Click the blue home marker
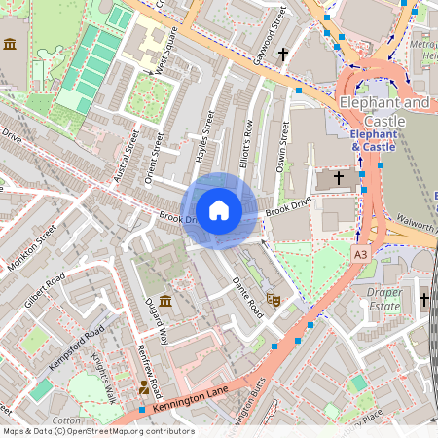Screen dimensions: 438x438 tap(219, 210)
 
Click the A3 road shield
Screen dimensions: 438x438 tap(361, 253)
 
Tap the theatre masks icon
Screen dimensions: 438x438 tap(274, 300)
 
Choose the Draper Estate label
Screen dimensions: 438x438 tap(383, 299)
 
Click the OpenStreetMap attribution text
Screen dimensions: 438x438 tap(97, 431)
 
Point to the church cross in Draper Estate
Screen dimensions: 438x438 tap(424, 301)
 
